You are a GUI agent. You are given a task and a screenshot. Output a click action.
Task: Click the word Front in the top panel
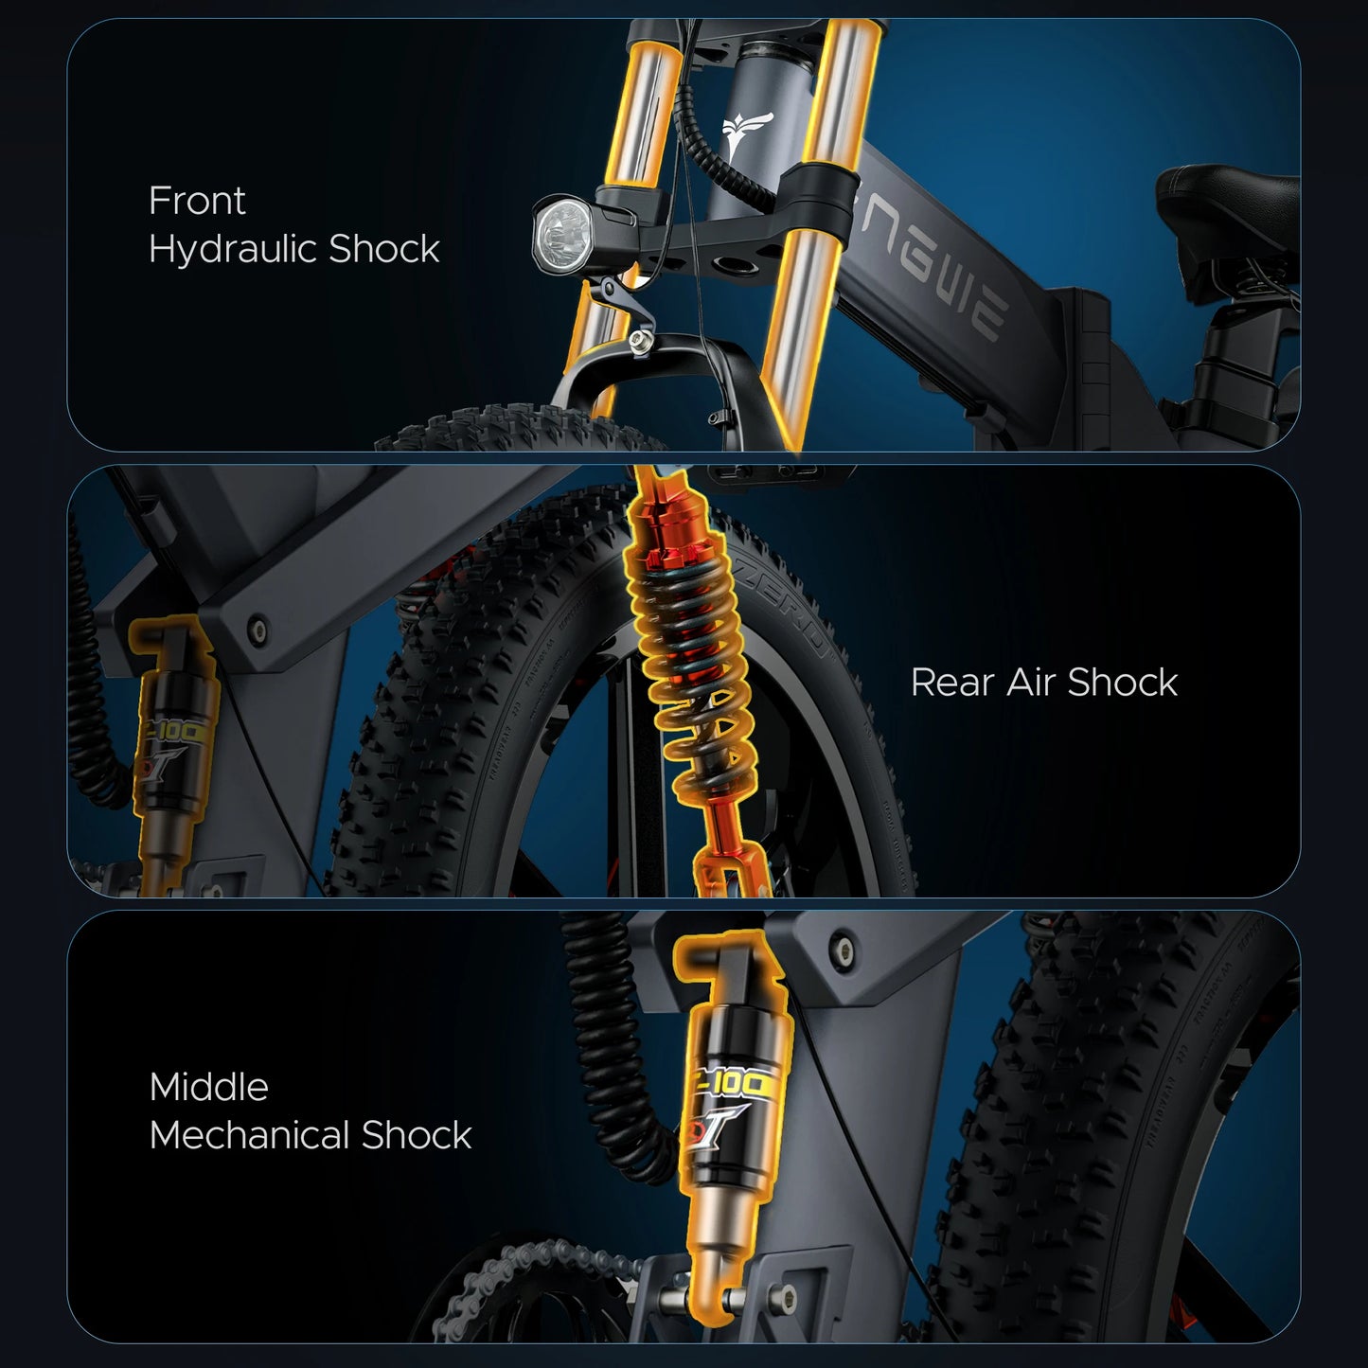(x=197, y=201)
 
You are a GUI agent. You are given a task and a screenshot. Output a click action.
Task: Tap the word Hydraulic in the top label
(x=233, y=250)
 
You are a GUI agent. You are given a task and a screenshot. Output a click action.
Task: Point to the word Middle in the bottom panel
(x=208, y=1087)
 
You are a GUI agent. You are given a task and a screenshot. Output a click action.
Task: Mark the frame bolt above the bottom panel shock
(x=836, y=938)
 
